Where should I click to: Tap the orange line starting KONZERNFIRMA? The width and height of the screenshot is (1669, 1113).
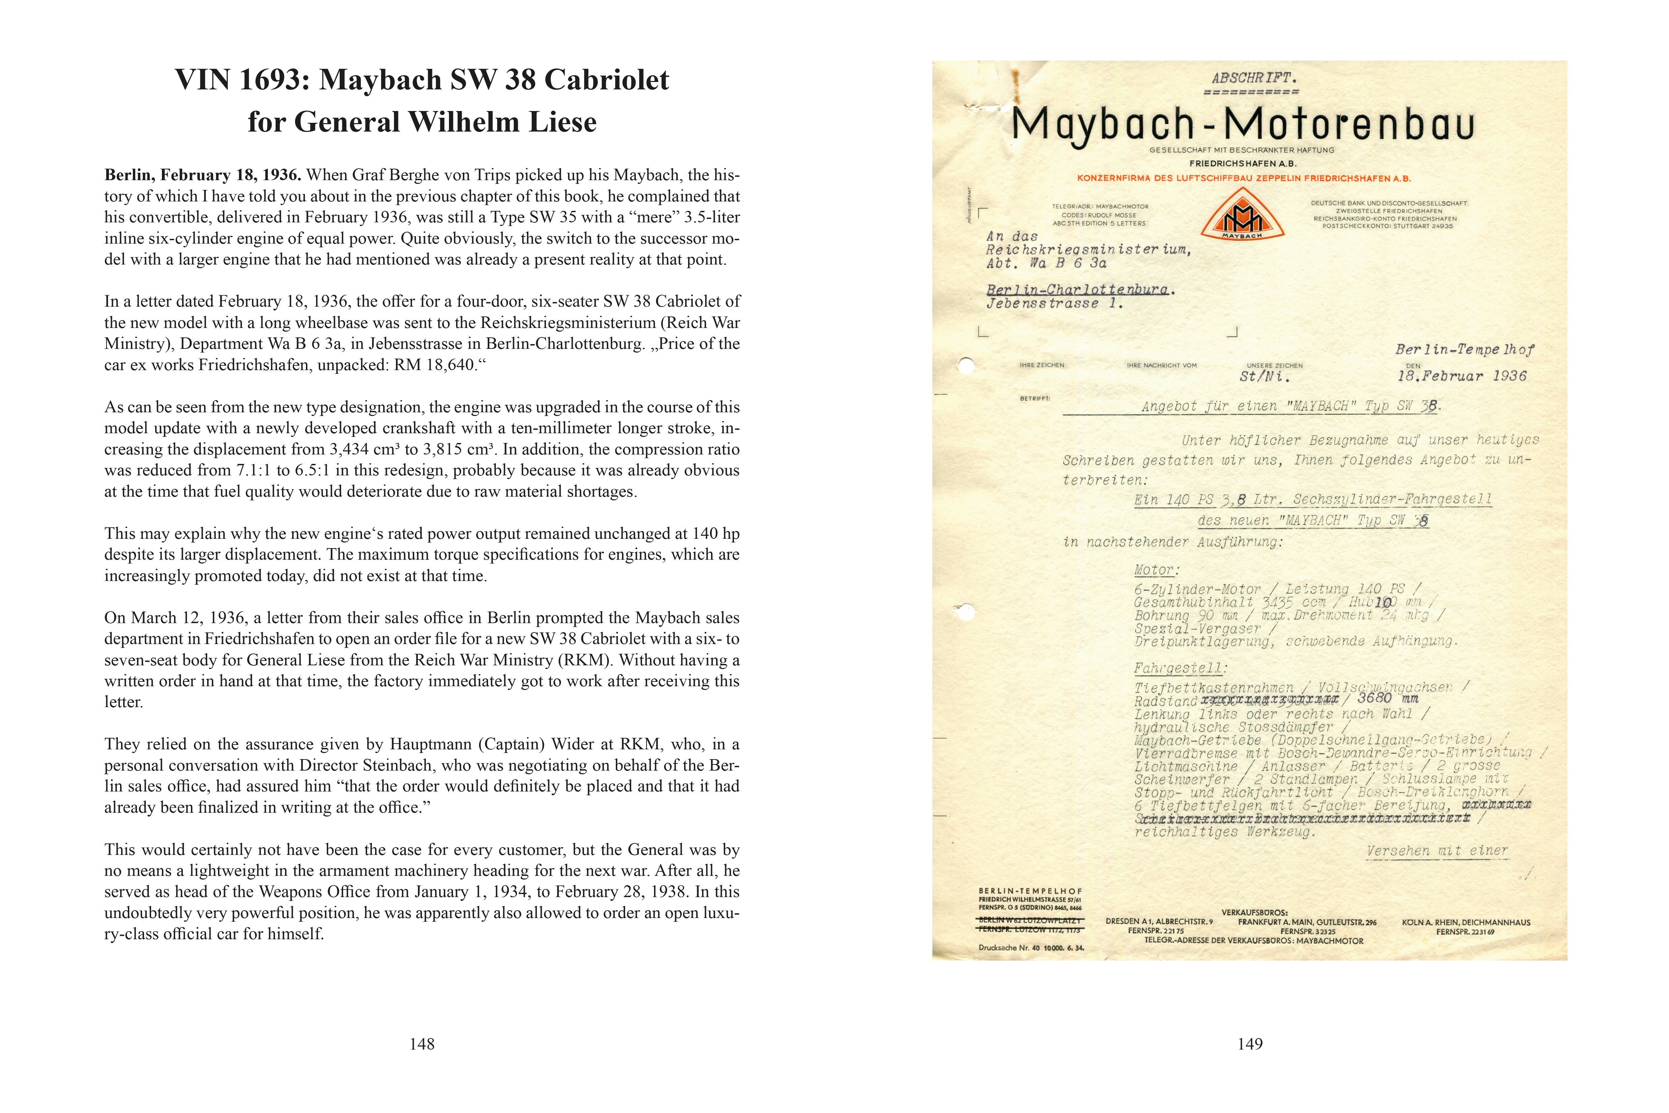click(x=1243, y=178)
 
